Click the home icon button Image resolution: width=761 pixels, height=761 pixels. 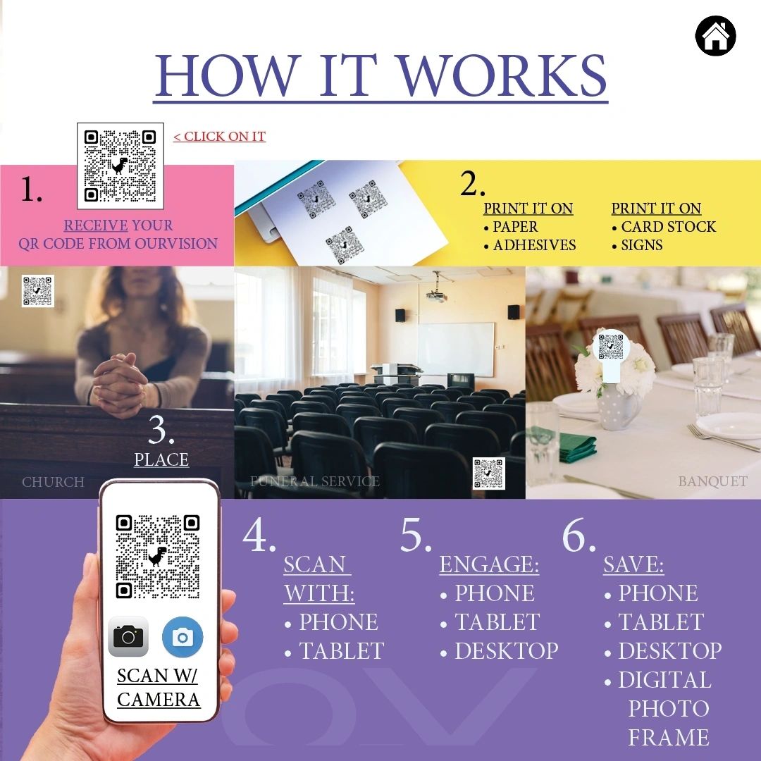[715, 36]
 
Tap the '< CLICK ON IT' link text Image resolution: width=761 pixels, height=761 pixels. [219, 136]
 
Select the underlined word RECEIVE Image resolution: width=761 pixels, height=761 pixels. [96, 225]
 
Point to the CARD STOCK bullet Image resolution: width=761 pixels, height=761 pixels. [668, 227]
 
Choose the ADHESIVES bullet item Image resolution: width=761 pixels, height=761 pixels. [534, 245]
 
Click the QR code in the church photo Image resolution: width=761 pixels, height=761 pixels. [37, 290]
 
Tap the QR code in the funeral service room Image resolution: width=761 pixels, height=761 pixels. [489, 474]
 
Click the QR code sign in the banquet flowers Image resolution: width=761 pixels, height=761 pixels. [610, 347]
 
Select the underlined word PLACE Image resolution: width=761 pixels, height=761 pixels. [161, 459]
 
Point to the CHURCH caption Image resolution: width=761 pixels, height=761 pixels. [53, 482]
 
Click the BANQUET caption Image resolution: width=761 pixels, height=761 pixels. [712, 482]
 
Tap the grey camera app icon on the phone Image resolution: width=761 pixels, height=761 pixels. [128, 636]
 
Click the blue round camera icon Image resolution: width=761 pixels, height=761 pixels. [182, 637]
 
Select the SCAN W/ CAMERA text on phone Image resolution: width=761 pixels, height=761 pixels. [159, 687]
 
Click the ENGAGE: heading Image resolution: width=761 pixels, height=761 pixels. [489, 564]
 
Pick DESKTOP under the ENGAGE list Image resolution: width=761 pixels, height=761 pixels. [506, 651]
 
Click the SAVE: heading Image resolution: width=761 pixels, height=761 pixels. [633, 564]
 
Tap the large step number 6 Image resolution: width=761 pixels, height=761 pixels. [579, 537]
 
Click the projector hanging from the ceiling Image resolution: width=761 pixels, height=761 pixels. [435, 296]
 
